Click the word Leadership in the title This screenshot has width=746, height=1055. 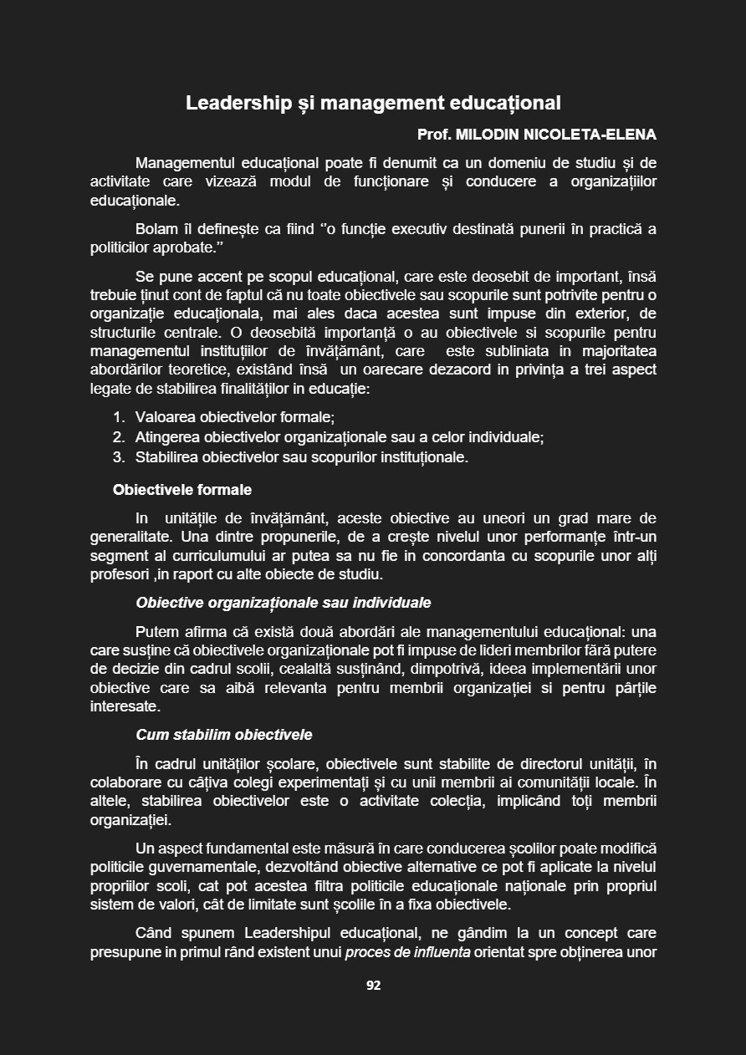(232, 103)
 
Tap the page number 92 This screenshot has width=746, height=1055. (373, 986)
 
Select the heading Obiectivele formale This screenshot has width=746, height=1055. (182, 490)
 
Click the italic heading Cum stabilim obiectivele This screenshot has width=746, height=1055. (224, 735)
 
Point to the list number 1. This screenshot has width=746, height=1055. (118, 417)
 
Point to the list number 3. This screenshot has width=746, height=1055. (118, 457)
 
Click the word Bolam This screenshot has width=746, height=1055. (156, 229)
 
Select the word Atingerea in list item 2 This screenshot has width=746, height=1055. (166, 437)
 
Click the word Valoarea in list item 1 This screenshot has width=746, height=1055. (165, 417)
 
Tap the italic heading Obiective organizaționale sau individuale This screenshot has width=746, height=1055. (284, 603)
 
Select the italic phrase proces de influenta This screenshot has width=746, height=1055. (407, 952)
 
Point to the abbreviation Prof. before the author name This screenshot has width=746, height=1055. (433, 135)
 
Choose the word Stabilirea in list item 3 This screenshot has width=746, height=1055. (166, 457)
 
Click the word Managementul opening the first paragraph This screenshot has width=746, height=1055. (185, 162)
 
